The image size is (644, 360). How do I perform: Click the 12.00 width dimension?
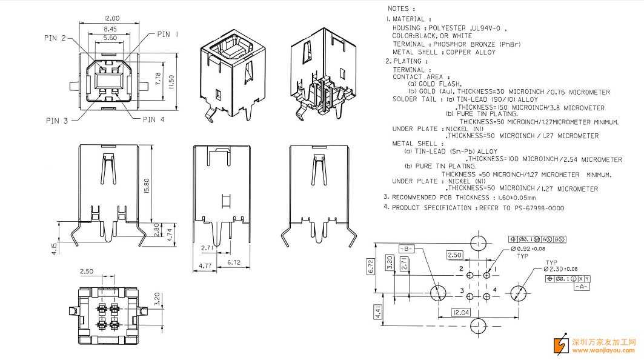[x=111, y=19]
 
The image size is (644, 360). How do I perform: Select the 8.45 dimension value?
[x=110, y=29]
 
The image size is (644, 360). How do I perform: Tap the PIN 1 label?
[x=168, y=35]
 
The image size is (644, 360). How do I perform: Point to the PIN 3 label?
[x=57, y=121]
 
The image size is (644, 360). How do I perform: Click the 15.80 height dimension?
[x=147, y=186]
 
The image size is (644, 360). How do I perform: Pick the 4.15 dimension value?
[x=54, y=249]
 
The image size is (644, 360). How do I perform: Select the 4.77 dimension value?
[x=205, y=266]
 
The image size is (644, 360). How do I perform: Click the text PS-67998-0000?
[x=539, y=208]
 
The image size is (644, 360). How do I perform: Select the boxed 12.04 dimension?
[x=461, y=313]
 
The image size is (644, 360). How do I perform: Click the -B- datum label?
[x=406, y=248]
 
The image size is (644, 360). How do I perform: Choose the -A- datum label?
[x=581, y=287]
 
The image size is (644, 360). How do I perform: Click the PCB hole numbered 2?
[x=470, y=275]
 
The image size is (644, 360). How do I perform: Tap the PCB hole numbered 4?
[x=486, y=296]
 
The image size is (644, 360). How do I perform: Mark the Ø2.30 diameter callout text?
[x=560, y=269]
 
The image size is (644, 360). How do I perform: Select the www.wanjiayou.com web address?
[x=603, y=350]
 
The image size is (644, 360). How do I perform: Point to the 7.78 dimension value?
[x=159, y=79]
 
